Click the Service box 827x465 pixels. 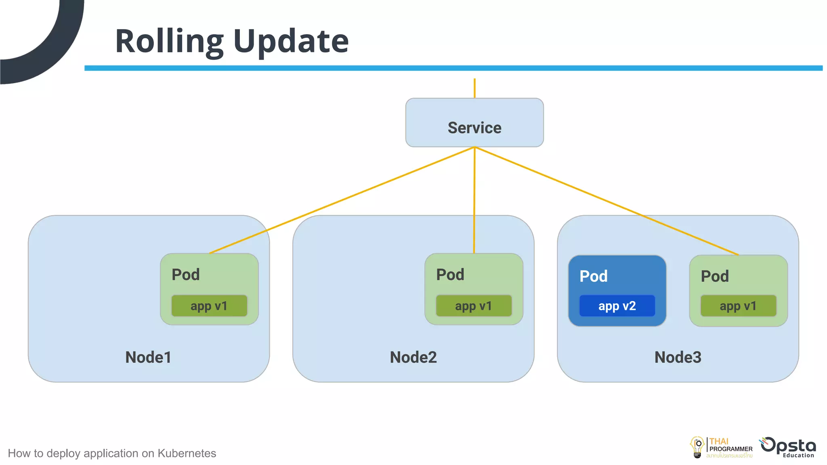pyautogui.click(x=474, y=123)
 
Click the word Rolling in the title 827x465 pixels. pyautogui.click(x=169, y=42)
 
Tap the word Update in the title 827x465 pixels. pyautogui.click(x=291, y=42)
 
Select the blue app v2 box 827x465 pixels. pyautogui.click(x=617, y=306)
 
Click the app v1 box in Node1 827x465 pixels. pyautogui.click(x=209, y=306)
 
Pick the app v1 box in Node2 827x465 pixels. pyautogui.click(x=473, y=306)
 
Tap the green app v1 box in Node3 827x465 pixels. pyautogui.click(x=738, y=306)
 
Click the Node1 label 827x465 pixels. pyautogui.click(x=148, y=357)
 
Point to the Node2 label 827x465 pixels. pyautogui.click(x=413, y=357)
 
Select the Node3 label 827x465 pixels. pyautogui.click(x=678, y=357)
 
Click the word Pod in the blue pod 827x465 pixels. pyautogui.click(x=593, y=276)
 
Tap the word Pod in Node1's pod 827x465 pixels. pyautogui.click(x=185, y=275)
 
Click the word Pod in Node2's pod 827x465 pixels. pyautogui.click(x=450, y=275)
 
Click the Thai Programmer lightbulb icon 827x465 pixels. pyautogui.click(x=697, y=447)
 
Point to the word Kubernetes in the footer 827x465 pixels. pyautogui.click(x=187, y=453)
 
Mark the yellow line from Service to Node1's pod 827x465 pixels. pyautogui.click(x=342, y=200)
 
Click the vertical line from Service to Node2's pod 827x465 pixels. pyautogui.click(x=474, y=200)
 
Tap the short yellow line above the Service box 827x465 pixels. pyautogui.click(x=474, y=88)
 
